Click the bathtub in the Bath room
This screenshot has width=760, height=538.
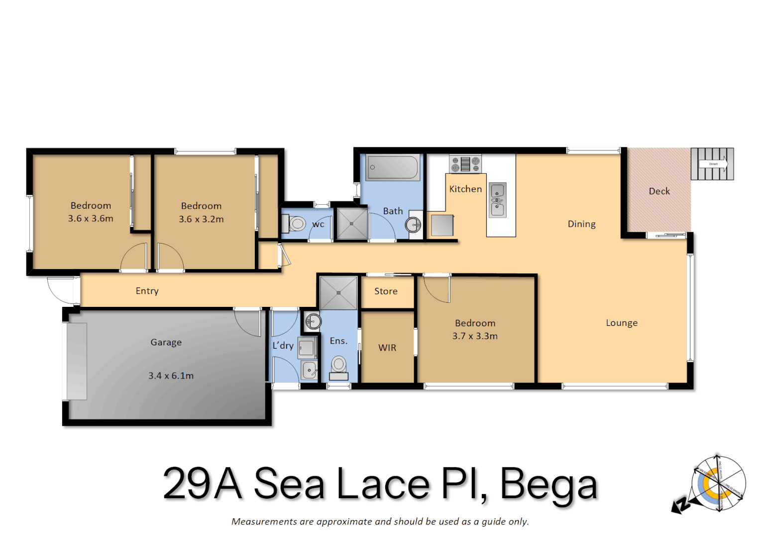[x=393, y=167]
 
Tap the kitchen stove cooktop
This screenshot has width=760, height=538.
[x=465, y=164]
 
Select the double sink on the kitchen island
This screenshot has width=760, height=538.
[x=498, y=200]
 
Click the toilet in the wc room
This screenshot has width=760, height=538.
[x=296, y=224]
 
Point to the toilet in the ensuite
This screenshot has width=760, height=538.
[x=339, y=367]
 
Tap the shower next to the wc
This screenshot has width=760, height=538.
[x=351, y=224]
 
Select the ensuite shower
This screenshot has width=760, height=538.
[x=338, y=293]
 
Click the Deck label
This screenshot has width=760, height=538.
[x=659, y=191]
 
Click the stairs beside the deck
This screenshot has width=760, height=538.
[x=712, y=164]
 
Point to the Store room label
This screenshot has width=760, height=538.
[x=386, y=291]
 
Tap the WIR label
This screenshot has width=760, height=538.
[x=387, y=348]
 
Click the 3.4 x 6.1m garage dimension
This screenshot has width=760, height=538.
[x=171, y=376]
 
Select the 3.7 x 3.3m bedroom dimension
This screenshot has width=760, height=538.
[x=475, y=336]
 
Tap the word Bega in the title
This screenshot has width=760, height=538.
[x=548, y=484]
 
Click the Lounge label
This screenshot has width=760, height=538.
[x=622, y=323]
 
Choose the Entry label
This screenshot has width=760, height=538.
[x=147, y=291]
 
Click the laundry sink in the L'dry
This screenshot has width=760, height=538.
[x=310, y=370]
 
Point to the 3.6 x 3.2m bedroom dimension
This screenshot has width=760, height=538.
[x=201, y=219]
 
